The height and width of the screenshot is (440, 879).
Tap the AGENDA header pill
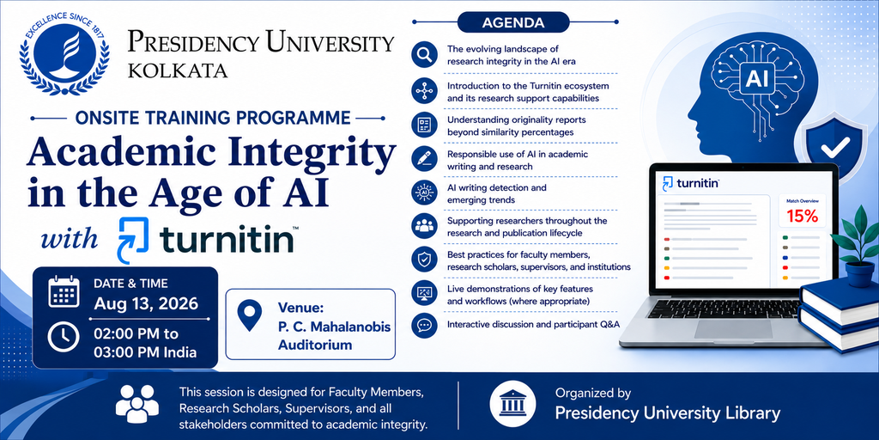pyautogui.click(x=513, y=23)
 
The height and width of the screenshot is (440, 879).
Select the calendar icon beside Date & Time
pyautogui.click(x=64, y=292)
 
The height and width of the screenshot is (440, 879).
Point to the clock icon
pyautogui.click(x=64, y=337)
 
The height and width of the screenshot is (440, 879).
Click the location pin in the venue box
pyautogui.click(x=250, y=315)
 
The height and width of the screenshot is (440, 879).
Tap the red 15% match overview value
pyautogui.click(x=803, y=217)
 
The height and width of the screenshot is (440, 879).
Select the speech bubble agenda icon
pyautogui.click(x=424, y=325)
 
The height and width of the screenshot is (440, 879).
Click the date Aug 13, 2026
pyautogui.click(x=146, y=303)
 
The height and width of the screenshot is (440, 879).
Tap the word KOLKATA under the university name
pyautogui.click(x=178, y=71)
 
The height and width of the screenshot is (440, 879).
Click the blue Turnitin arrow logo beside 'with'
pyautogui.click(x=132, y=241)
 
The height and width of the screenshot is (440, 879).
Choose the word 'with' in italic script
pyautogui.click(x=70, y=239)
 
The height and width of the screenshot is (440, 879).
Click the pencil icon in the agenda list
pyautogui.click(x=424, y=159)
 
